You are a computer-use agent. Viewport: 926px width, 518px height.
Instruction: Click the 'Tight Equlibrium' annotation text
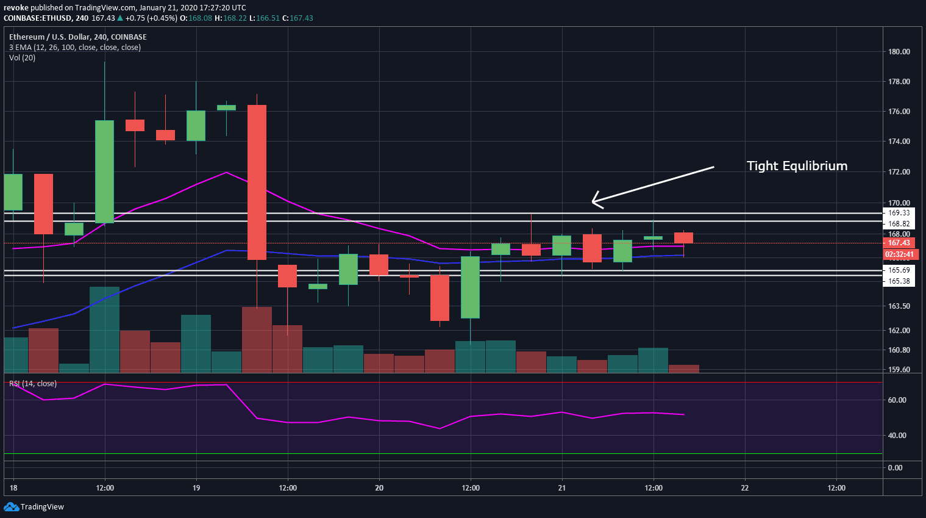point(797,166)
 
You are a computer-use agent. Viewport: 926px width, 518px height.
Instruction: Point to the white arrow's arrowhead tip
point(593,202)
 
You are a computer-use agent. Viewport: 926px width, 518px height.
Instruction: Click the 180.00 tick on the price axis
point(899,52)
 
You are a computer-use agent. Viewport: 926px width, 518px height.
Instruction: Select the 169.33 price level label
point(899,213)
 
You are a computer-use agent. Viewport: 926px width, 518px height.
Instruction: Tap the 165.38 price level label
point(899,281)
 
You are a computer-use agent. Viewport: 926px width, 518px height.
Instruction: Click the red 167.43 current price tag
point(899,243)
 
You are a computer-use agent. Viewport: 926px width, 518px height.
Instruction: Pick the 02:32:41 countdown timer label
point(899,254)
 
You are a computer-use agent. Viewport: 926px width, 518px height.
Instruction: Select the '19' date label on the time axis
point(196,488)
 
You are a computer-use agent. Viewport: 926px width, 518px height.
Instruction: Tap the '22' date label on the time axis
point(745,488)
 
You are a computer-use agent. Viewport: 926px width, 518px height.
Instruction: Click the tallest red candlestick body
point(257,182)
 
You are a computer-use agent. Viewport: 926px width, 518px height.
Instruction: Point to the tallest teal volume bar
point(104,329)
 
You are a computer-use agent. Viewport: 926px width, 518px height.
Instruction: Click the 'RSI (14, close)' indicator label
point(33,384)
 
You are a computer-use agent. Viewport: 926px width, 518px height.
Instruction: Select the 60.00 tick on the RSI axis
point(897,400)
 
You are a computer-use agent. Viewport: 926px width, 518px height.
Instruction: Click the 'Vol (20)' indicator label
point(23,58)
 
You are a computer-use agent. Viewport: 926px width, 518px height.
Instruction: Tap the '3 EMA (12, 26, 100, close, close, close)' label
point(75,48)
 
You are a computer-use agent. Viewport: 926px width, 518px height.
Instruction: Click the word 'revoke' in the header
point(16,8)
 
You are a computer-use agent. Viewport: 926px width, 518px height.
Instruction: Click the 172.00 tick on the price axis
point(899,172)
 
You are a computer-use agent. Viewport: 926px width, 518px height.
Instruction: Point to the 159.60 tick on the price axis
point(899,370)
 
